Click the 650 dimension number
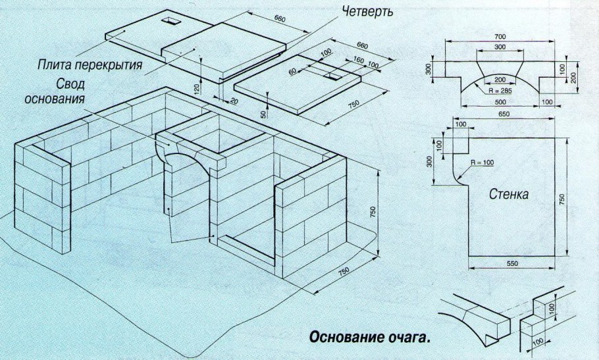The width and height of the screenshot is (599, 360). pos(504,115)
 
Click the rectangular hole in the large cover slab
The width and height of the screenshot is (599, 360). pos(172,21)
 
